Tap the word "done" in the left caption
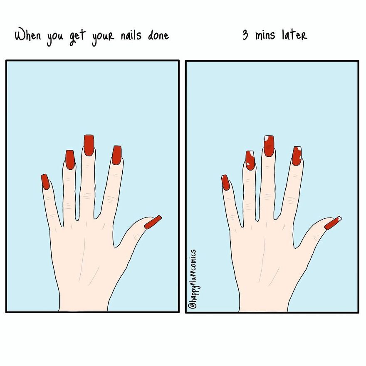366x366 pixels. pyautogui.click(x=158, y=35)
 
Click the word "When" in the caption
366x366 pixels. pyautogui.click(x=28, y=35)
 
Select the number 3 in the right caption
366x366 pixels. pyautogui.click(x=245, y=35)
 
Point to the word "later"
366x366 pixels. pyautogui.click(x=294, y=35)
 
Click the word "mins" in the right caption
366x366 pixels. pyautogui.click(x=265, y=35)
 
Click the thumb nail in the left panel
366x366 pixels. pyautogui.click(x=153, y=223)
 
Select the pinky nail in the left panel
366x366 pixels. pyautogui.click(x=45, y=182)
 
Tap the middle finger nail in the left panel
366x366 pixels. pyautogui.click(x=89, y=145)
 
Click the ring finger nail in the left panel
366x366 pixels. pyautogui.click(x=69, y=159)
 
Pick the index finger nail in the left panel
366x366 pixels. pyautogui.click(x=116, y=155)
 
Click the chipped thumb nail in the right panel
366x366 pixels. pyautogui.click(x=333, y=223)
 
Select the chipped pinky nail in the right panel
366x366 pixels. pyautogui.click(x=225, y=182)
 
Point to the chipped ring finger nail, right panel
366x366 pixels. pyautogui.click(x=250, y=160)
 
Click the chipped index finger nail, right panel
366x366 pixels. pyautogui.click(x=297, y=156)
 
